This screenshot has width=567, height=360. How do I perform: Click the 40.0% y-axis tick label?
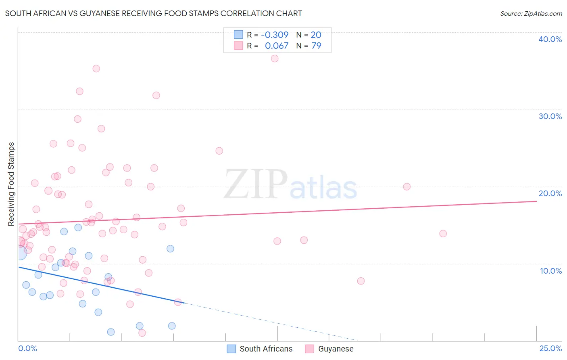coord(550,39)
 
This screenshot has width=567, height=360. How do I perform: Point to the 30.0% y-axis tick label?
coord(550,116)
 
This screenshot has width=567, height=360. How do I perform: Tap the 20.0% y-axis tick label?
coord(550,193)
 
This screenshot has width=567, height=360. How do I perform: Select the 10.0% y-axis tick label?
coord(551,271)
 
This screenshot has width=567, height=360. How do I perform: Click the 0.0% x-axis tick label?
coord(27,348)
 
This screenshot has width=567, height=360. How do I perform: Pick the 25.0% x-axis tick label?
coord(550,348)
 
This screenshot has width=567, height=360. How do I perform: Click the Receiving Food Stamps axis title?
coord(11,184)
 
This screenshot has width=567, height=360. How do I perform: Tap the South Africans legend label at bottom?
coord(266,349)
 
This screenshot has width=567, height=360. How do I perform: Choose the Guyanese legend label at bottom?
coord(336,349)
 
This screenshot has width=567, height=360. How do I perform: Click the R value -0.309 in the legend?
coord(275,35)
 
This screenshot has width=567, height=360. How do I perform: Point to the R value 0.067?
coord(277,46)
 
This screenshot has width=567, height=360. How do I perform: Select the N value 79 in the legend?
coord(316,46)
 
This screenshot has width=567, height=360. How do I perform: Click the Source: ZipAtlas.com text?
coord(531,14)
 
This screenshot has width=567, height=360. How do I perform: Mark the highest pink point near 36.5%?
coord(275,59)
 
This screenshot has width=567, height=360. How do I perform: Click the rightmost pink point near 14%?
coord(443,234)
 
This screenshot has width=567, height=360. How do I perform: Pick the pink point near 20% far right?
coord(406,187)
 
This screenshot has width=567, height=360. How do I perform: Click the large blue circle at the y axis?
coord(19,253)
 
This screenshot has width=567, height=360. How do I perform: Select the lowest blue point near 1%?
coord(111,332)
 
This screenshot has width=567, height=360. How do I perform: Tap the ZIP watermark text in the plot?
coord(256,184)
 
